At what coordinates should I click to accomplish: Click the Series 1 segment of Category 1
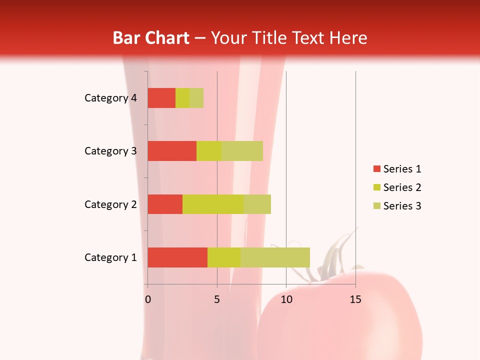point(177,257)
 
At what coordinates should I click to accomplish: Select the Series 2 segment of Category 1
point(224,257)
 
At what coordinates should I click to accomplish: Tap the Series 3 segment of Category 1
point(275,257)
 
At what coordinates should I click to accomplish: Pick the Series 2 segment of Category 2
point(213,204)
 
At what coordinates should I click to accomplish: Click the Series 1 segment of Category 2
point(165,204)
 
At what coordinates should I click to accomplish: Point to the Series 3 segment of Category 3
point(242,151)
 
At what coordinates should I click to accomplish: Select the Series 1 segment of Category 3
point(172,151)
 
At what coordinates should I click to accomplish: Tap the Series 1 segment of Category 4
point(161,98)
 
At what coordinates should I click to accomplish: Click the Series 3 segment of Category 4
point(196,98)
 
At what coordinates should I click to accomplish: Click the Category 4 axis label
point(110,98)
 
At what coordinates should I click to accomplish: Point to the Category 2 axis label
point(110,204)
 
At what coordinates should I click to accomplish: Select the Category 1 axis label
point(110,257)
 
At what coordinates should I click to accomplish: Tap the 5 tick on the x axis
point(217,299)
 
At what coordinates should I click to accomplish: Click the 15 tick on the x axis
point(355,299)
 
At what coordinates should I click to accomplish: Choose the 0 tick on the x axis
point(148,299)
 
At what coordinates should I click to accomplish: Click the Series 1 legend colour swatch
point(376,169)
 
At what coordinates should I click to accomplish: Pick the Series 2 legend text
point(402,187)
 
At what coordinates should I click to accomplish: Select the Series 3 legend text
point(402,206)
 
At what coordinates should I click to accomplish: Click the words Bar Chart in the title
point(151,37)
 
